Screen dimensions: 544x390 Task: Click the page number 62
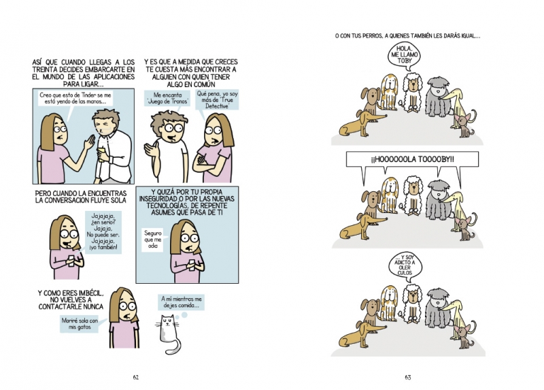[135, 377]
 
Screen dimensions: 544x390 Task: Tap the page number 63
[407, 377]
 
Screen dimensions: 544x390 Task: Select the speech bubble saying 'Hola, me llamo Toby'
[404, 54]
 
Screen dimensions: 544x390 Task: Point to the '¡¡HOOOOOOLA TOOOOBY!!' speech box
[412, 159]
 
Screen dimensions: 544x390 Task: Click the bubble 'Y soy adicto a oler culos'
[405, 265]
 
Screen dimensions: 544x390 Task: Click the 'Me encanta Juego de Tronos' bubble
[167, 98]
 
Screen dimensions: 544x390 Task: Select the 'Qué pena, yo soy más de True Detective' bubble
[217, 99]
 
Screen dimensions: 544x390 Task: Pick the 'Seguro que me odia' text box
[153, 240]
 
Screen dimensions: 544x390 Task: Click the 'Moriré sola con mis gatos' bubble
[80, 324]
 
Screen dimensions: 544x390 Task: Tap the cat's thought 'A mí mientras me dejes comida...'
[182, 302]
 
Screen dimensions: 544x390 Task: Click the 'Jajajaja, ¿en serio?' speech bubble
[103, 232]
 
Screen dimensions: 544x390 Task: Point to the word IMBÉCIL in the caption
[90, 293]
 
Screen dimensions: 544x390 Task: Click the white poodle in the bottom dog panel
[412, 304]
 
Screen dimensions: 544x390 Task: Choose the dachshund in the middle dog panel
[361, 227]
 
